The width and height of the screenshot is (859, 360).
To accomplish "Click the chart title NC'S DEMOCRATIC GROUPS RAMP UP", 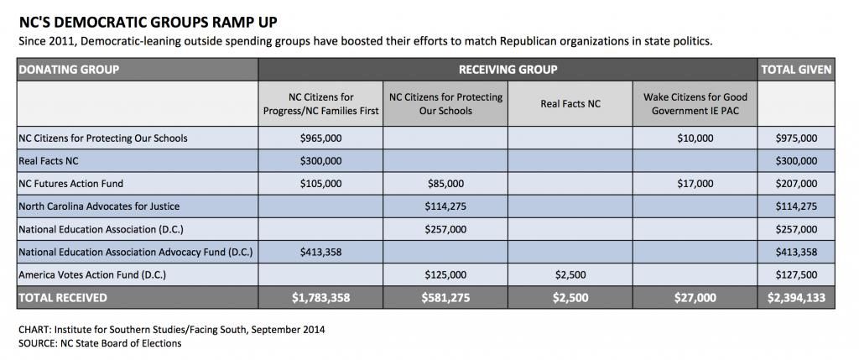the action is (x=148, y=23).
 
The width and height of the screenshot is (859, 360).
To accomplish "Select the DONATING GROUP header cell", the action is (x=138, y=70).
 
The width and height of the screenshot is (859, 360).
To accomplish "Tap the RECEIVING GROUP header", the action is (x=508, y=70).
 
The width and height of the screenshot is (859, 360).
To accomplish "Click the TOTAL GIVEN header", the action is (x=796, y=70).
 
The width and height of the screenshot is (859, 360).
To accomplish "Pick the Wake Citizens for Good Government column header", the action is (x=695, y=103).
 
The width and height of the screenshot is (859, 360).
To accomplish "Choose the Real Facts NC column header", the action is (x=570, y=103).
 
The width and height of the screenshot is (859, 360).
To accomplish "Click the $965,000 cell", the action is (x=320, y=138).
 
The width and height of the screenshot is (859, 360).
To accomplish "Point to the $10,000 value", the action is (x=695, y=138).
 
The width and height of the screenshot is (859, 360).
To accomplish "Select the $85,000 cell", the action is (x=445, y=184).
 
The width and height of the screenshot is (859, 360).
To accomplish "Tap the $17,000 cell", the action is (x=695, y=184).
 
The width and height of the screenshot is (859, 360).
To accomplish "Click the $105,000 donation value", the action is (x=320, y=184).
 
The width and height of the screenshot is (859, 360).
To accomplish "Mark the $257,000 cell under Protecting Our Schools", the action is (x=445, y=229).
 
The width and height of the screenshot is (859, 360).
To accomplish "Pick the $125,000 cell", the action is (x=445, y=274).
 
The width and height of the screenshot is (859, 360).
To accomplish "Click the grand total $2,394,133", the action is (x=796, y=298).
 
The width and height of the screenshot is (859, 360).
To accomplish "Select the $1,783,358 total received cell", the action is (x=320, y=298).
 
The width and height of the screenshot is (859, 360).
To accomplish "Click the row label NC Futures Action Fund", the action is (x=71, y=184).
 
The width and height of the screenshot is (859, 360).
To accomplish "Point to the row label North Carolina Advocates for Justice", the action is (x=99, y=206).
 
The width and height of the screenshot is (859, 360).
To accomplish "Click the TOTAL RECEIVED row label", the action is (x=63, y=298).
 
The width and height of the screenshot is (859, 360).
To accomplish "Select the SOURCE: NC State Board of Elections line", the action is (x=101, y=343).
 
